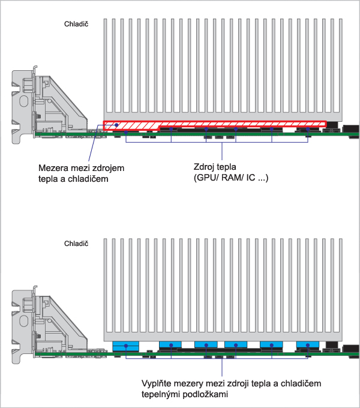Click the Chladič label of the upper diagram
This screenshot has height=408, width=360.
[76, 25]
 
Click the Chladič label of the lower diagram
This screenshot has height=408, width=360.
[76, 244]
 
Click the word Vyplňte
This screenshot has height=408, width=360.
[157, 383]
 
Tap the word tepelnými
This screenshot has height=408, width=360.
[162, 395]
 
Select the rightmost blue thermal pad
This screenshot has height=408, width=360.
[309, 345]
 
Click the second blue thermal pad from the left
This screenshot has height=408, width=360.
[172, 345]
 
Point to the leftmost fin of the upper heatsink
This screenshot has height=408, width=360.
[107, 66]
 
